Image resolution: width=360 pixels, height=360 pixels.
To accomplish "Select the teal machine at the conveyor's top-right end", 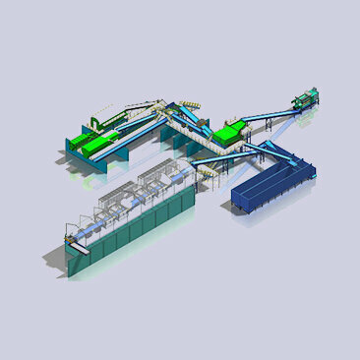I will [x=307, y=99].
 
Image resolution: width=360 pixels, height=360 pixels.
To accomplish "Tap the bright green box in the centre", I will [x=230, y=130].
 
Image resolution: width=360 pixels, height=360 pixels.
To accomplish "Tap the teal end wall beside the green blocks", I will [x=74, y=148].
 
